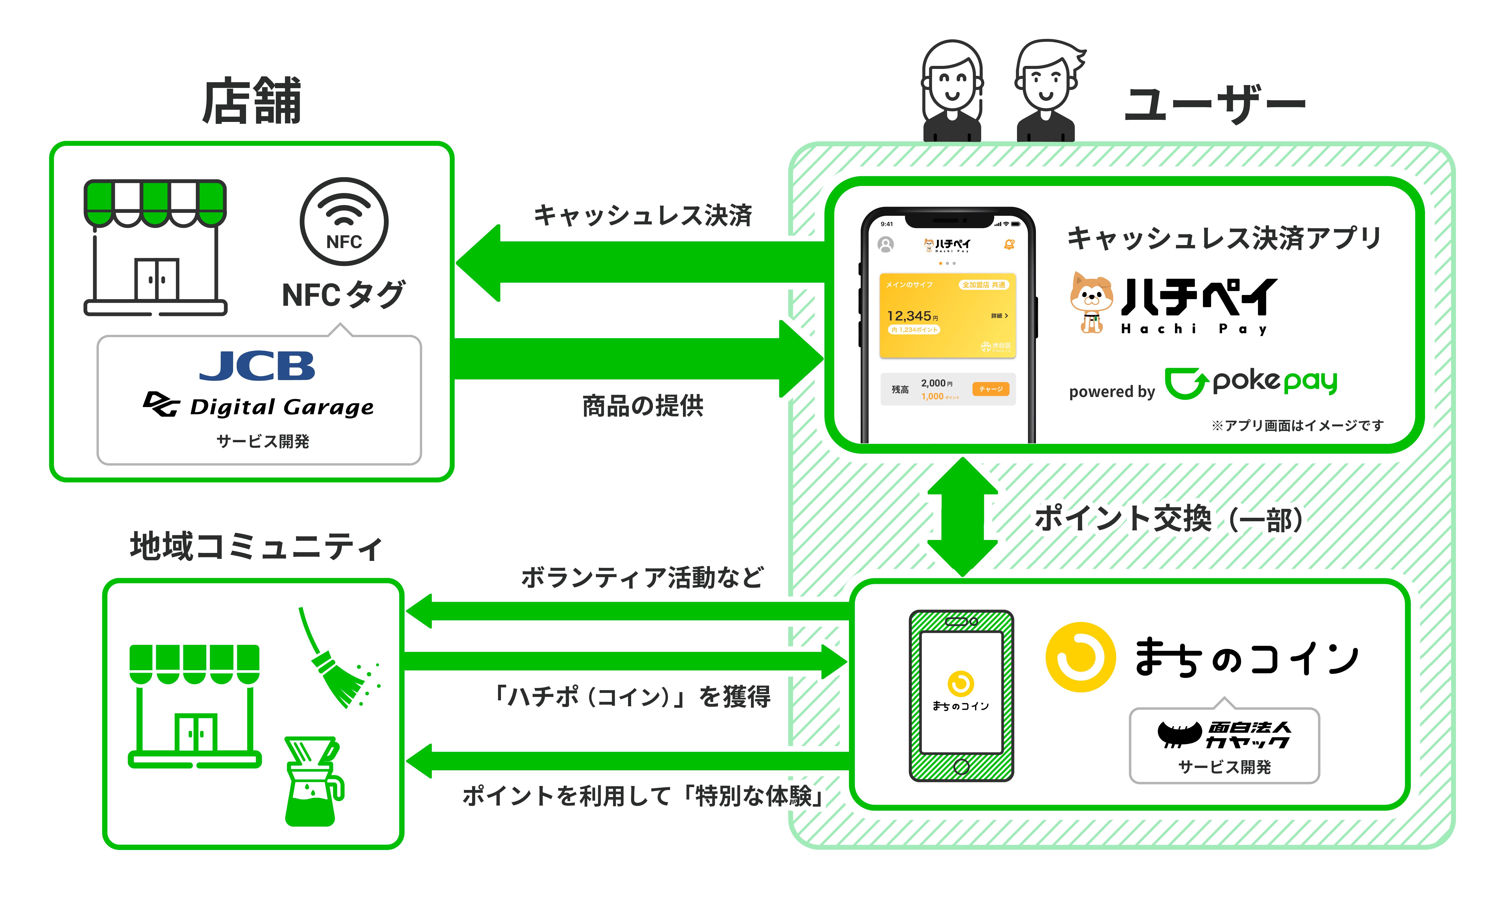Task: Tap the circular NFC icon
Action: tap(344, 221)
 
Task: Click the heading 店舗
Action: tap(252, 101)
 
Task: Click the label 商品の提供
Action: tap(643, 406)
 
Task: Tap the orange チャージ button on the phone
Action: tap(991, 389)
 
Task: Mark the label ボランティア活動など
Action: tap(643, 577)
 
